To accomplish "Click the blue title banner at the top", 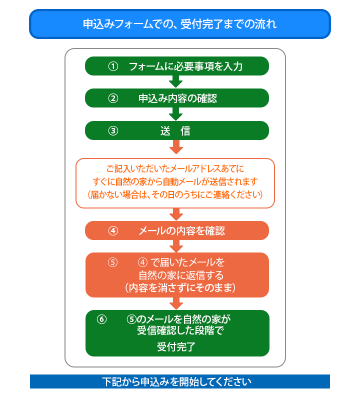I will tap(180, 24).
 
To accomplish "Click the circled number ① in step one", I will tap(113, 66).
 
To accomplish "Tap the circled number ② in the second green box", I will tap(113, 98).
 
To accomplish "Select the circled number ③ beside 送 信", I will tap(113, 131).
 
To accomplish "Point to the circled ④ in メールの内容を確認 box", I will tap(113, 231).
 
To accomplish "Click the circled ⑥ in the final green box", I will tap(102, 319).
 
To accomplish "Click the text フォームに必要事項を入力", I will tap(185, 66).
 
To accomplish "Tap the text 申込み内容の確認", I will tap(177, 98).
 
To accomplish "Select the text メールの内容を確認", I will tap(181, 231).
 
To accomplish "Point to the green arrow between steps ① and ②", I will tap(176, 81).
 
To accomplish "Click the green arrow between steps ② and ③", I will tap(176, 114).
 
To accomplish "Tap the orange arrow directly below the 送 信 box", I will tap(176, 147).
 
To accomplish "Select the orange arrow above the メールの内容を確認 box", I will tap(176, 214).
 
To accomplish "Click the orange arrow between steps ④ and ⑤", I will tap(176, 246).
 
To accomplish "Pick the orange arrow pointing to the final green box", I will tap(176, 303).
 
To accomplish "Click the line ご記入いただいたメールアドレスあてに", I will tap(175, 168).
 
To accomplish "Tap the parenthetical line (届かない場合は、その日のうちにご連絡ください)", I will tap(175, 194).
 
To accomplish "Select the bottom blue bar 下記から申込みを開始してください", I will tap(180, 381).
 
